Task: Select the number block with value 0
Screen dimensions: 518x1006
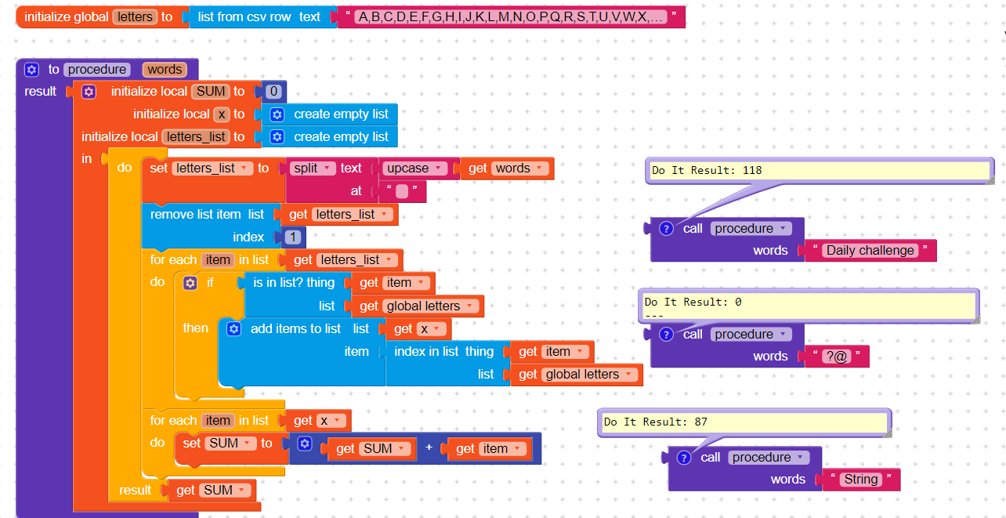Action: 273,92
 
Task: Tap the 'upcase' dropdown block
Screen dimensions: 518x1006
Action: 413,168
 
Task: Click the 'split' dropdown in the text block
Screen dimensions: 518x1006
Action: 313,168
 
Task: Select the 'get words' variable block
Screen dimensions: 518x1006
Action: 506,168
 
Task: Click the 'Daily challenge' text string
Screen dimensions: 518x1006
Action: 870,251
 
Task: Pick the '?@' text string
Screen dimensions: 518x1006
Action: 836,357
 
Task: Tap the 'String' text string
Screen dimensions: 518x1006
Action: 860,480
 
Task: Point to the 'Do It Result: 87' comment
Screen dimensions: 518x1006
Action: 744,422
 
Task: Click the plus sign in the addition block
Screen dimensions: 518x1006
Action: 429,449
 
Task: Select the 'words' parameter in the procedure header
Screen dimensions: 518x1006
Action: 165,69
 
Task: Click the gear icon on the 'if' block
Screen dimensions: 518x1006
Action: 190,283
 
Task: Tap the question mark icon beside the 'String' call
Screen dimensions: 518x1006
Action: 684,458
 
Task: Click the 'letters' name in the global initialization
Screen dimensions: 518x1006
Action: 136,16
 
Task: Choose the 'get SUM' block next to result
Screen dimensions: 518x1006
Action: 208,491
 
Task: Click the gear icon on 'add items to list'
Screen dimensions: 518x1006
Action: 233,329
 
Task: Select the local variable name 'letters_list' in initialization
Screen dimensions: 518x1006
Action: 196,137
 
